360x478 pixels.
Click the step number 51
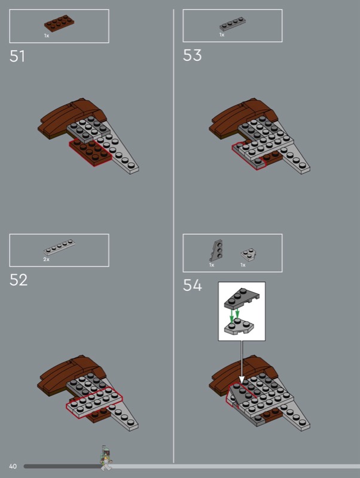point(17,56)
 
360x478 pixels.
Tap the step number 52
point(19,280)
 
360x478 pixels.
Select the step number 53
point(192,55)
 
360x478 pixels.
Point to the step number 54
point(192,286)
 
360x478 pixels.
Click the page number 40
point(13,466)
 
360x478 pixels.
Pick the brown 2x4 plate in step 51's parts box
point(59,23)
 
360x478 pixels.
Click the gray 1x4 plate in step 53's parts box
point(233,24)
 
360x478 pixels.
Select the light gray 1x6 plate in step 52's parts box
point(59,247)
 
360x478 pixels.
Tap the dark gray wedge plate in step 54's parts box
point(216,250)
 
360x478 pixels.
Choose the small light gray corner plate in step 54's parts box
point(248,255)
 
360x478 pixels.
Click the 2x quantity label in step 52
point(47,259)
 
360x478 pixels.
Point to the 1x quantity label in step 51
point(47,36)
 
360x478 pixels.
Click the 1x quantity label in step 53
point(222,35)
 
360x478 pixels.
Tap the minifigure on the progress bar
point(106,457)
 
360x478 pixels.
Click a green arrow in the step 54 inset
point(231,316)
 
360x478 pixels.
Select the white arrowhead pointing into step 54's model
point(242,380)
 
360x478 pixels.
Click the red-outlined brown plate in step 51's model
point(90,152)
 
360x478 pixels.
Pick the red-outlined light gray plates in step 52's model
point(94,402)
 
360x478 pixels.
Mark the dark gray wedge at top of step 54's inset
point(242,298)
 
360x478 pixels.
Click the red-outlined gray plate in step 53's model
point(249,156)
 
